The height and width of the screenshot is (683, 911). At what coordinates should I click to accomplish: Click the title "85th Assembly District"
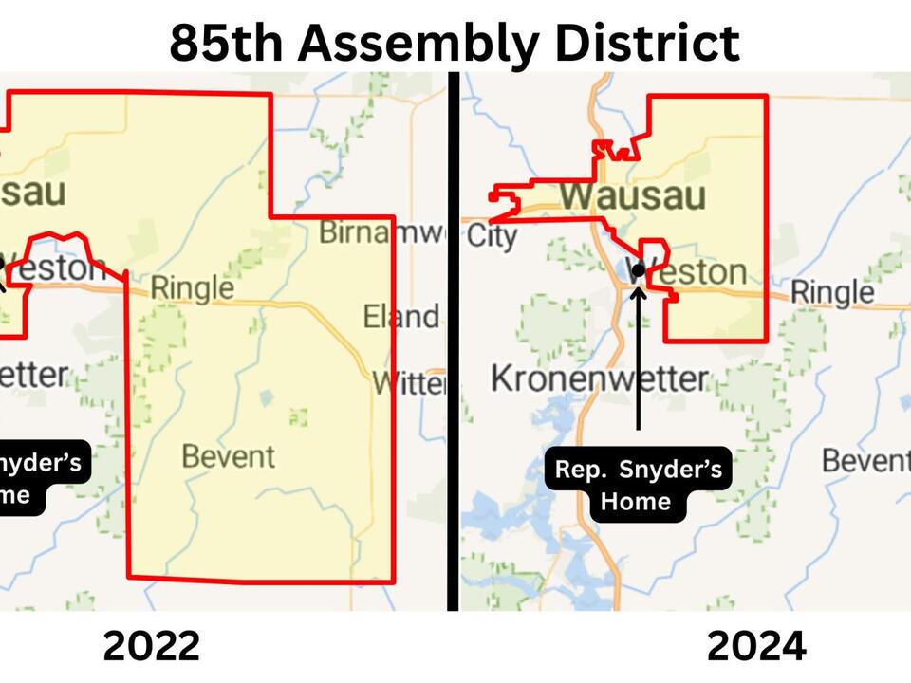(x=455, y=42)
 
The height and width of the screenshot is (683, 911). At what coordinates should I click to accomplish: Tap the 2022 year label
(x=151, y=646)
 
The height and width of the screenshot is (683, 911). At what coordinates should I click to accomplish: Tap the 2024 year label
(x=756, y=646)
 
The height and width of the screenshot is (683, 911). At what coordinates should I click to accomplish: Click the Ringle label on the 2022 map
(x=192, y=286)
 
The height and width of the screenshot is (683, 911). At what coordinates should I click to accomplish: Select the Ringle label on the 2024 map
(x=831, y=291)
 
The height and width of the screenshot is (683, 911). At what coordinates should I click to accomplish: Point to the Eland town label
(x=400, y=316)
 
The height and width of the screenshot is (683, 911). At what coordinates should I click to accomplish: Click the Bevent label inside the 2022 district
(x=228, y=456)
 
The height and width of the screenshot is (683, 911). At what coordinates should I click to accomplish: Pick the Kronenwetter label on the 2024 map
(x=599, y=378)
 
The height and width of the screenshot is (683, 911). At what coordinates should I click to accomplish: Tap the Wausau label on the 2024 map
(x=632, y=196)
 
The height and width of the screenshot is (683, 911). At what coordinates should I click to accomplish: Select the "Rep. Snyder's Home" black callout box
(x=638, y=484)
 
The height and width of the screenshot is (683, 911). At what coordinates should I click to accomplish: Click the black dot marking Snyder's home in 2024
(x=639, y=269)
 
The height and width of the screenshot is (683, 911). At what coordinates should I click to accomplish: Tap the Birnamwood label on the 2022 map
(x=381, y=231)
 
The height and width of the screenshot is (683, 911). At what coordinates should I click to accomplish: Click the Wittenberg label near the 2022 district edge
(x=408, y=383)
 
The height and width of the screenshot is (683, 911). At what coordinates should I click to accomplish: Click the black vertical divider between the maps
(x=454, y=341)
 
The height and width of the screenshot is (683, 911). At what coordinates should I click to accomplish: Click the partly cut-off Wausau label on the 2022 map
(x=33, y=192)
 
